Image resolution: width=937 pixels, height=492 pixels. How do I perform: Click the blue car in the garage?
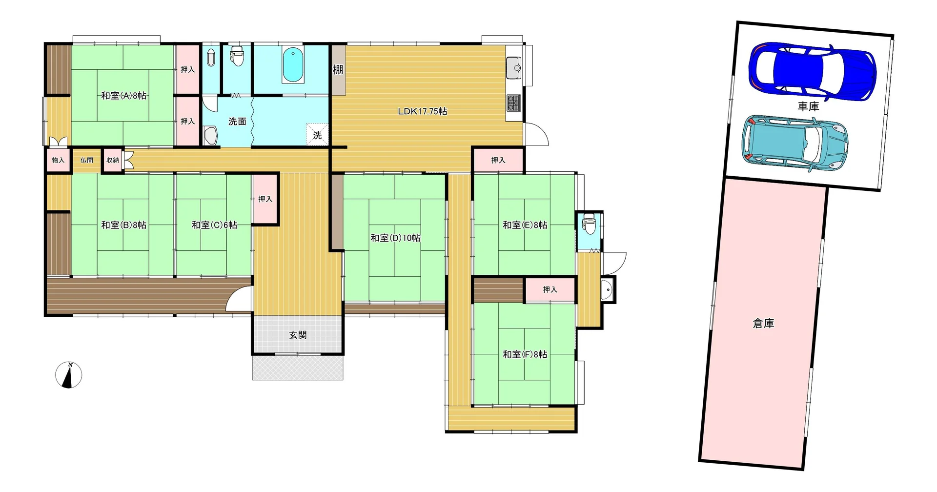point(813,72)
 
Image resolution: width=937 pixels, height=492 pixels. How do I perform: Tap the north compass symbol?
point(69,375)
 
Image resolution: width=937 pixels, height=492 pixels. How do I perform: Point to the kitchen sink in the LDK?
point(514,67)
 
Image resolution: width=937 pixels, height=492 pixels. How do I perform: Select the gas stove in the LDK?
point(514,102)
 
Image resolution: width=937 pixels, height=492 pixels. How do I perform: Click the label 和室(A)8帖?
point(123,96)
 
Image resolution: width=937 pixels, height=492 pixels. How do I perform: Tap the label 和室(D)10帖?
point(395,238)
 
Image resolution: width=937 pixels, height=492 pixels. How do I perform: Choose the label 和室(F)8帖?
point(525,354)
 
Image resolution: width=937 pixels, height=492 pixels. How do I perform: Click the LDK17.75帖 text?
point(423,111)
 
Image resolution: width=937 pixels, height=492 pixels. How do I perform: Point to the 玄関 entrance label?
point(298,335)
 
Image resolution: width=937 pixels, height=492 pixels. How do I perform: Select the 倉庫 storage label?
point(764,323)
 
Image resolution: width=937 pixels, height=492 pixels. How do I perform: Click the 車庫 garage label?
point(808,106)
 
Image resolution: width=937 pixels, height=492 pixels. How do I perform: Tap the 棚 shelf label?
point(338,70)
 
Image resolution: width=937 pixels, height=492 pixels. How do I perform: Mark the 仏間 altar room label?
point(87,160)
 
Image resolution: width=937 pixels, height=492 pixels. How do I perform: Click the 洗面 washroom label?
point(237,122)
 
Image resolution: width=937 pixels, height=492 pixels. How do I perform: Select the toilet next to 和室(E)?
point(589,223)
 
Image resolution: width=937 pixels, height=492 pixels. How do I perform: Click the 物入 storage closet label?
point(58,160)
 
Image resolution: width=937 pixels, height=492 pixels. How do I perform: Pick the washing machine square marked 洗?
point(317,134)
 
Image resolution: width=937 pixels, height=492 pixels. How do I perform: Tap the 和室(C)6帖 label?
point(214,225)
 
